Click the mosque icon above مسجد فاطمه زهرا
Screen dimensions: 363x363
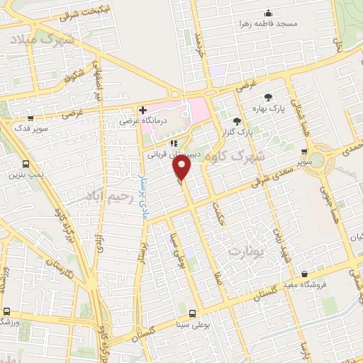tap(269, 13)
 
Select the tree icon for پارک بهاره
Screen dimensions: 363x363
tap(268, 98)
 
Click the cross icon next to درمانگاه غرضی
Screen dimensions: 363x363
tap(143, 110)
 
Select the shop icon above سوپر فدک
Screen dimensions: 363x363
tap(30, 118)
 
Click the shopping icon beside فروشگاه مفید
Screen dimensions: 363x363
tap(305, 274)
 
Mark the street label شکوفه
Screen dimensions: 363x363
tap(74, 73)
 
